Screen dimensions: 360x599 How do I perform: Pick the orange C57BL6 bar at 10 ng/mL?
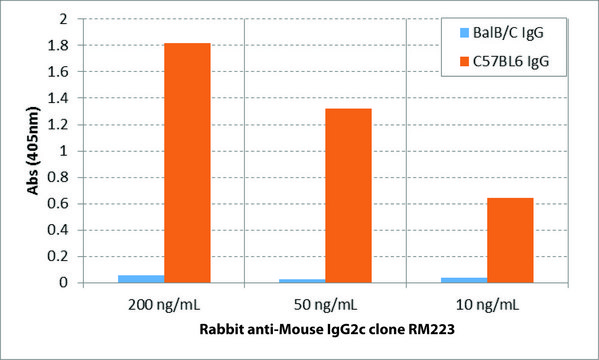(510, 240)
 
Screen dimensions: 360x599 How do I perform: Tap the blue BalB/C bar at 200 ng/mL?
(141, 279)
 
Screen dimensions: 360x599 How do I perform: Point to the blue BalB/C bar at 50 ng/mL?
(302, 281)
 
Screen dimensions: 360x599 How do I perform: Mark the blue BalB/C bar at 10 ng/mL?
(464, 280)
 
